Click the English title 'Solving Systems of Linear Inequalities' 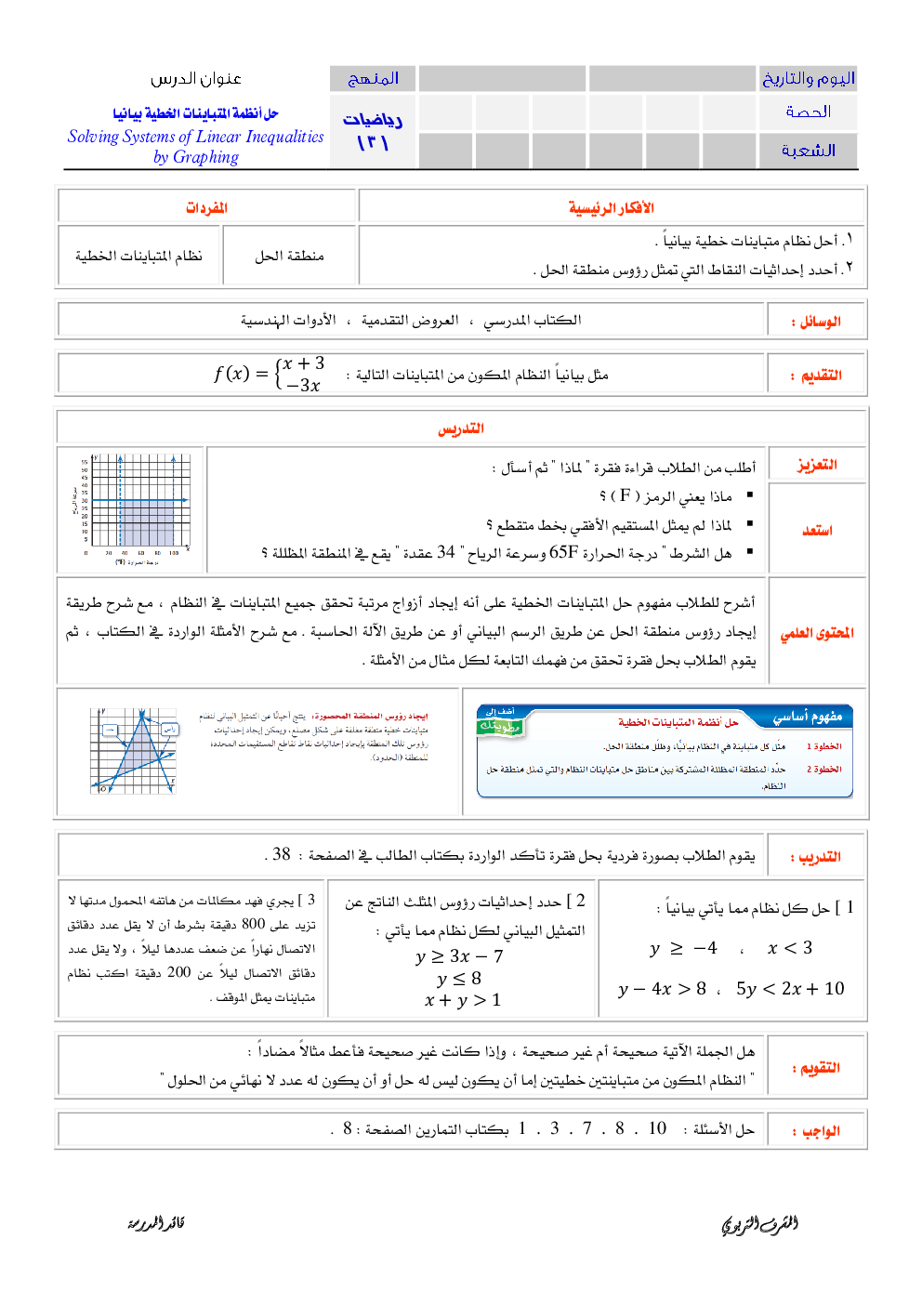pos(195,137)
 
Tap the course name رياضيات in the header pos(372,120)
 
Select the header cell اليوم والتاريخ pos(808,78)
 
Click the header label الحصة pos(808,112)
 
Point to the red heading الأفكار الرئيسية pos(611,207)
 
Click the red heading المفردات pos(206,207)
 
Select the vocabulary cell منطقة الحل pos(289,256)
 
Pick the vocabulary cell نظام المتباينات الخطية pos(138,256)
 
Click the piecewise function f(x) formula pos(269,374)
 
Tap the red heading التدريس pos(461,428)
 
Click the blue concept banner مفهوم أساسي pos(807,717)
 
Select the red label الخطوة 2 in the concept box pos(823,770)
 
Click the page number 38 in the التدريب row pos(282,854)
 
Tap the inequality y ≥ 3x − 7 pos(459,956)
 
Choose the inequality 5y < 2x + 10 pos(790,989)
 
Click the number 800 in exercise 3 pos(254,924)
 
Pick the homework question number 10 pos(657,1128)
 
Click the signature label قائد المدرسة pos(156,1223)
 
